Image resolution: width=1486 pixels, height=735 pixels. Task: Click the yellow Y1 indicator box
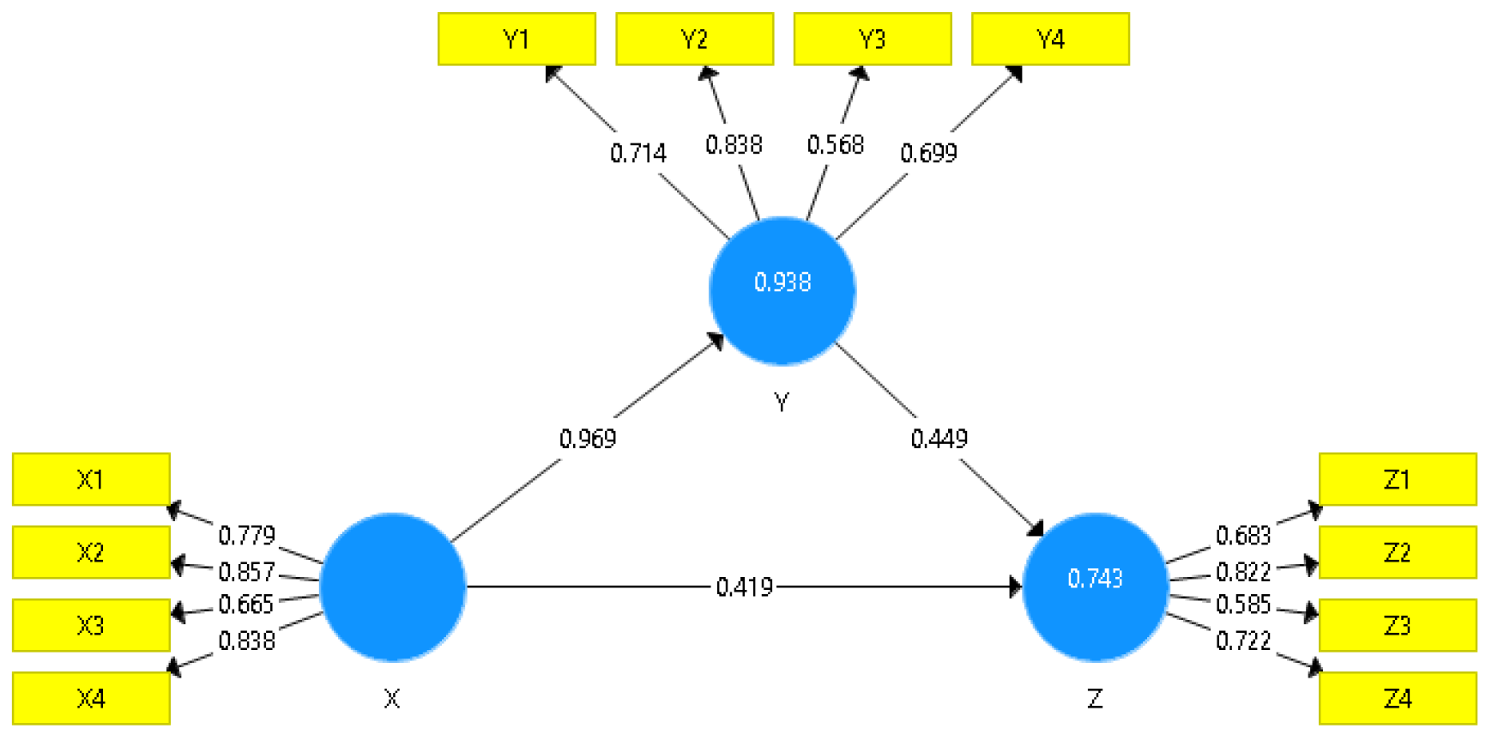(x=516, y=39)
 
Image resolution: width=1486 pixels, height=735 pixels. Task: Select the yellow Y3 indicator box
(x=873, y=39)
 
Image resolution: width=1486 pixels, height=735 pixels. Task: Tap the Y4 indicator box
(x=1050, y=39)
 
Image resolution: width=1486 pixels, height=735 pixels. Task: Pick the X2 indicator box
(x=91, y=552)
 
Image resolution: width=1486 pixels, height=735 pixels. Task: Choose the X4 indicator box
(x=91, y=698)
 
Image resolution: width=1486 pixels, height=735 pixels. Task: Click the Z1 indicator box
(x=1397, y=479)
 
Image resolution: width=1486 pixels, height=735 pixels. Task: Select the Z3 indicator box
(x=1397, y=625)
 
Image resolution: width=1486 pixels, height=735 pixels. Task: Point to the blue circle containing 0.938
(x=782, y=290)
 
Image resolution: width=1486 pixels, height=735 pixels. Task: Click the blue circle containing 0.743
(x=1095, y=586)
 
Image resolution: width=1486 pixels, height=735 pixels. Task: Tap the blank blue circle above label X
(x=392, y=586)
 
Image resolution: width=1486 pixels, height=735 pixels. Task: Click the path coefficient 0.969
(x=588, y=439)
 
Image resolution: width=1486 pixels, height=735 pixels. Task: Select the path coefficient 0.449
(x=939, y=439)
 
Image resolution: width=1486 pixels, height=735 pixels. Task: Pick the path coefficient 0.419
(x=744, y=587)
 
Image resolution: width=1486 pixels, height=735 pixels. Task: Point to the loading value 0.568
(x=835, y=145)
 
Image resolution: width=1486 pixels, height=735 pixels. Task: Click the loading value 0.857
(x=246, y=572)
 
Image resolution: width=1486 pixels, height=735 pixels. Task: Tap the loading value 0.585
(x=1243, y=604)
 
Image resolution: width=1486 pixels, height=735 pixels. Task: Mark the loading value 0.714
(x=637, y=154)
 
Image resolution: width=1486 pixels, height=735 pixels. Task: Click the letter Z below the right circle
(x=1095, y=699)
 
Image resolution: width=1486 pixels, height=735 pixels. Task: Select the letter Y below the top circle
(x=781, y=402)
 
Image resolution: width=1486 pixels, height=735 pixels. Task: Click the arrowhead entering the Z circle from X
(x=1016, y=587)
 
